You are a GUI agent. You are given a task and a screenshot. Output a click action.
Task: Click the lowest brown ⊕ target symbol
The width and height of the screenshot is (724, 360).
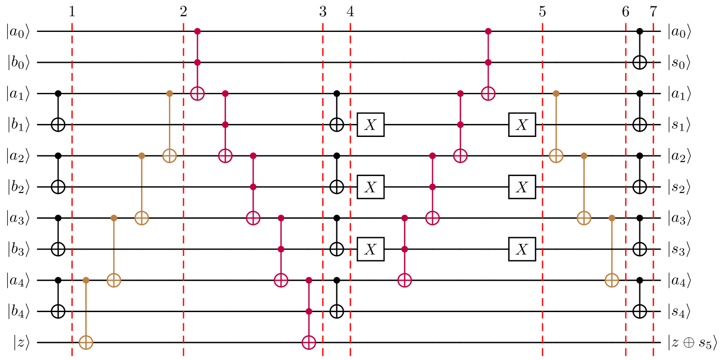[86, 343]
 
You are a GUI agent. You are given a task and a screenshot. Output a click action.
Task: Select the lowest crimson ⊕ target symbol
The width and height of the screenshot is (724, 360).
[309, 343]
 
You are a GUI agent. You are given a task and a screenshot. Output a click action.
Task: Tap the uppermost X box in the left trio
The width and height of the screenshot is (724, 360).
[370, 125]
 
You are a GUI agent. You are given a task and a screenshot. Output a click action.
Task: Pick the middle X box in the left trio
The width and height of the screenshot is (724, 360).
[370, 187]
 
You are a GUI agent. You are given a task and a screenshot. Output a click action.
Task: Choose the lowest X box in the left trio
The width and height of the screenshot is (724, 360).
[370, 249]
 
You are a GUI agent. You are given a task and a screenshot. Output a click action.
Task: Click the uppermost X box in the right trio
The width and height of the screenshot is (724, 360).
[522, 125]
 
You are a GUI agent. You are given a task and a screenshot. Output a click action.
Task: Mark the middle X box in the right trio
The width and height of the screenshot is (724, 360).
[522, 187]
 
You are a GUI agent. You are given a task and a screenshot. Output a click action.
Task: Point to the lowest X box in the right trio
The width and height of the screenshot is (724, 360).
[522, 249]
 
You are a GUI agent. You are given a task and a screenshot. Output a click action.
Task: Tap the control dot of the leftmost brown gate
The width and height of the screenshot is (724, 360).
[86, 280]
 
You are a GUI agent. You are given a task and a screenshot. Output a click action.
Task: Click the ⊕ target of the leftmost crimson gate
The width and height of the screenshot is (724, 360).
[197, 93]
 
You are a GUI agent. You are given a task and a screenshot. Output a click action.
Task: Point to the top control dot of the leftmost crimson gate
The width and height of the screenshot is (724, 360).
[197, 31]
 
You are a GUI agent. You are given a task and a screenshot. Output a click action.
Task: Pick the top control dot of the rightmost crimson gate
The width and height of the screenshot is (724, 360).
[488, 31]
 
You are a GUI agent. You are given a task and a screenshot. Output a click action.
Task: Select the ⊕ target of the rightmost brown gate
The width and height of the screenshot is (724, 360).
[612, 280]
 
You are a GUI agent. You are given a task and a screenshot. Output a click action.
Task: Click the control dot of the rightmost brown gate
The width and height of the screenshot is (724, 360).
[612, 218]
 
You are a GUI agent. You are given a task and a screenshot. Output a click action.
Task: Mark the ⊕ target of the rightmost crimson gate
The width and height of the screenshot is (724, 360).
[488, 93]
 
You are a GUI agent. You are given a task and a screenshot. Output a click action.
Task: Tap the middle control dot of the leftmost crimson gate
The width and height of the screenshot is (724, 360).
[197, 62]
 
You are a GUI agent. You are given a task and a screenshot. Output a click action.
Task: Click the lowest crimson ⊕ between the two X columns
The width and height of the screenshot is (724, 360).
[405, 280]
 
